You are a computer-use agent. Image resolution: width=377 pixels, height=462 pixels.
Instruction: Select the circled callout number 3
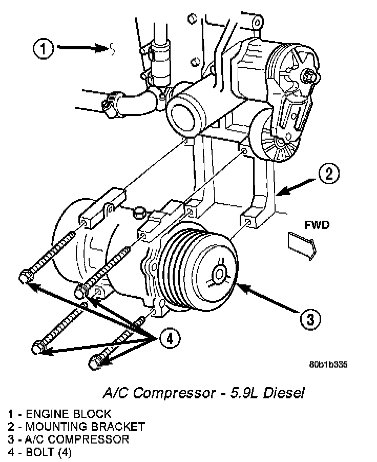[x=310, y=320]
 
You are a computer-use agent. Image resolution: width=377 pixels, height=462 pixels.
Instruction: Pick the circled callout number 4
[x=170, y=338]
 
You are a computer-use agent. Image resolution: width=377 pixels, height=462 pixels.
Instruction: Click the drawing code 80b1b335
[x=328, y=365]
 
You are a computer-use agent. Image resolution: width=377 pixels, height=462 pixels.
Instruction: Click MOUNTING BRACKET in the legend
[x=83, y=427]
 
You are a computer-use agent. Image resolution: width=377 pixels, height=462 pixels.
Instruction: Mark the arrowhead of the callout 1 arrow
[x=104, y=49]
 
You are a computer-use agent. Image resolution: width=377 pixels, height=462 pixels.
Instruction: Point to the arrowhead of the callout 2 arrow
[x=279, y=194]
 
